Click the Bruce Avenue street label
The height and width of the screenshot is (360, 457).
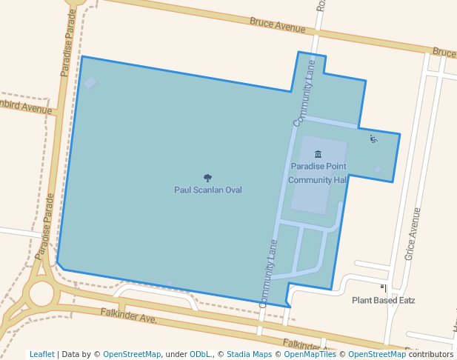coord(277,25)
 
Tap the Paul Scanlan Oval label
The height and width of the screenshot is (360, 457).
coord(208,190)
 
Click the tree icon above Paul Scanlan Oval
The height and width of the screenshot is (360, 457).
coord(207,178)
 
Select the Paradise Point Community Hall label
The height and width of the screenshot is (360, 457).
coord(318,173)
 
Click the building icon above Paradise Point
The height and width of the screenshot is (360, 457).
coord(318,154)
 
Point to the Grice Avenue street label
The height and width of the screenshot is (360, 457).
coord(413,233)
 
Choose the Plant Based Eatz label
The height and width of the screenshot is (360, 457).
coord(383,301)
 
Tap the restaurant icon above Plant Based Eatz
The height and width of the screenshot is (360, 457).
coord(384,287)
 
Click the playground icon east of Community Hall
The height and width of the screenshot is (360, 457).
coord(373,138)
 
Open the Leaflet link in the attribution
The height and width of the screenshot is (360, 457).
coord(42,354)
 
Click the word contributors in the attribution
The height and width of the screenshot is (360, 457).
coord(430,354)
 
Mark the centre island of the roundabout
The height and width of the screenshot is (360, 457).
coord(41,293)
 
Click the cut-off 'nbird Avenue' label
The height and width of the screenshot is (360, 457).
coord(26,107)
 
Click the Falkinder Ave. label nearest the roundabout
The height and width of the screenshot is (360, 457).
coord(129,316)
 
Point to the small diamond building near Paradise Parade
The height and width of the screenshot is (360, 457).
coord(90,83)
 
